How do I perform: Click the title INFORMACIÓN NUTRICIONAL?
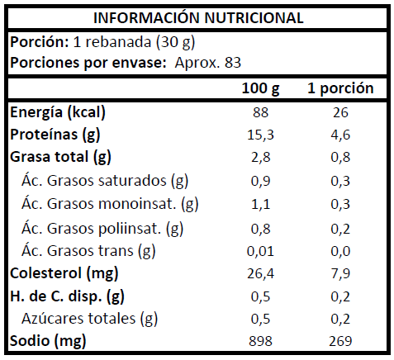[198, 18]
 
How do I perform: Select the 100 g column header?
[260, 89]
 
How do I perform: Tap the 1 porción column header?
[340, 89]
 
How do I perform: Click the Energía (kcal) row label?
[58, 112]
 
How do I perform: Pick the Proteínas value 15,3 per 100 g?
[260, 135]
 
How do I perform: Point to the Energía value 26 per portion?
[340, 112]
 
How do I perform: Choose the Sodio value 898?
[260, 341]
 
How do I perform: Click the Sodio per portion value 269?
[340, 341]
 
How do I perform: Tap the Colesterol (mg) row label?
[64, 273]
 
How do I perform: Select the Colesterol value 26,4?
[260, 273]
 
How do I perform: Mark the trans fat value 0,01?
[260, 251]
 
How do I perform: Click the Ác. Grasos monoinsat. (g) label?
[110, 204]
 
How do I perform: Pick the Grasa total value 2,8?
[260, 158]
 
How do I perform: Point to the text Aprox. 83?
[208, 63]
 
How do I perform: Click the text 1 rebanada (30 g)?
[134, 43]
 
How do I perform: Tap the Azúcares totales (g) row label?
[89, 319]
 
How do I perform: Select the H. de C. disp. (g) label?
[67, 296]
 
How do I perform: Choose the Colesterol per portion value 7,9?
[340, 273]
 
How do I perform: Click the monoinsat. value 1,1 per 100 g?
[260, 204]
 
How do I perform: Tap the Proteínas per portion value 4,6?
[340, 135]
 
